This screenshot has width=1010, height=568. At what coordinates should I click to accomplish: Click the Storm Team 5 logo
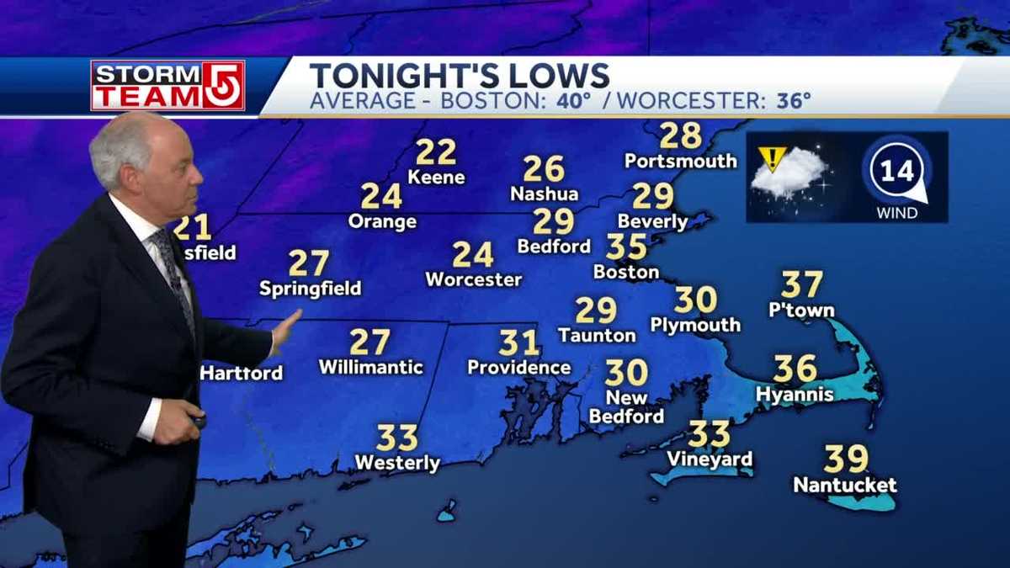(167, 86)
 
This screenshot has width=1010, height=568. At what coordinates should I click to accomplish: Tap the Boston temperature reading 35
(626, 247)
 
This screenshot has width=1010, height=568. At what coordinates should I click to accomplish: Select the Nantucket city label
(845, 486)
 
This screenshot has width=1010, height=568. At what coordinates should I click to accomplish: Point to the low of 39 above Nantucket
(845, 459)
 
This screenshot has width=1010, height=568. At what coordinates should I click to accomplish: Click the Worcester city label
(473, 279)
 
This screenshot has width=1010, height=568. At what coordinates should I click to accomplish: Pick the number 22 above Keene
(436, 152)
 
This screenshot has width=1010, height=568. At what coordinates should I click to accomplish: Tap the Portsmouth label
(680, 161)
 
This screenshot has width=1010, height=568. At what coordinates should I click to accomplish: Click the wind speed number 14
(897, 172)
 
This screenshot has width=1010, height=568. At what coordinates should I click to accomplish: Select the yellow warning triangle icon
(771, 157)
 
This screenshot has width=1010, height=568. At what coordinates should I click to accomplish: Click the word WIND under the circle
(897, 213)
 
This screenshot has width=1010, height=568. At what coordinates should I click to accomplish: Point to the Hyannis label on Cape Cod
(795, 394)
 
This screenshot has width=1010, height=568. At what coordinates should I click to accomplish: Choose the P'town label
(801, 311)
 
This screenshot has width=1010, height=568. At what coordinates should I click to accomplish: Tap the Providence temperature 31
(518, 342)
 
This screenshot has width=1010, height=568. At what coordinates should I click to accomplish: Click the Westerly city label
(397, 463)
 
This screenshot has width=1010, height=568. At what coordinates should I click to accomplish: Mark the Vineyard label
(709, 459)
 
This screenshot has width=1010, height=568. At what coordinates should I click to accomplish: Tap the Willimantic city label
(370, 368)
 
